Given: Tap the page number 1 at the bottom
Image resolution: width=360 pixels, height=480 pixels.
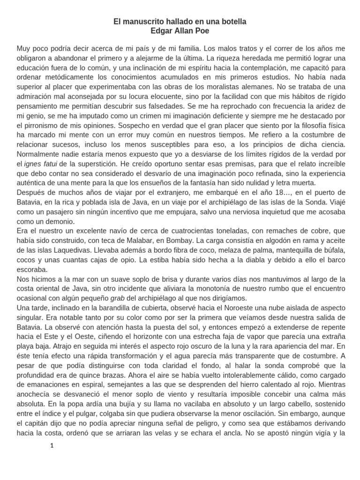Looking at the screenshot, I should [x=52, y=446].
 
